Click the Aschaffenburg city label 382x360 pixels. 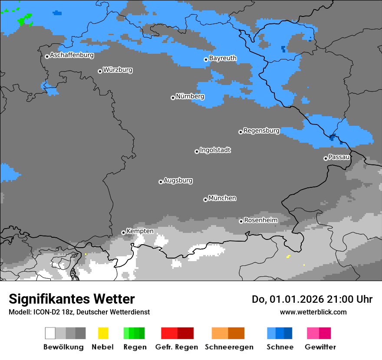72,55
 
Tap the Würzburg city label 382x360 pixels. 118,70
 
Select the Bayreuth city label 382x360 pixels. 223,58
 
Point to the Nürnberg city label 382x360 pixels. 190,96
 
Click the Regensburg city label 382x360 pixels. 261,131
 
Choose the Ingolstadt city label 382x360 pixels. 215,150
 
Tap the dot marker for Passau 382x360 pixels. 326,158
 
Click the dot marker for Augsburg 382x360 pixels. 161,182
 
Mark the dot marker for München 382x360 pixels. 205,200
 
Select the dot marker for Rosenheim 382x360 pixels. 241,221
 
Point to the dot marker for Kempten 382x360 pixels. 123,232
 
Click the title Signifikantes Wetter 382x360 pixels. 72,299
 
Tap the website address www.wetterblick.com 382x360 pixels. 313,312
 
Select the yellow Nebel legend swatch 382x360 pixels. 103,333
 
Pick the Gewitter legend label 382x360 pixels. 320,347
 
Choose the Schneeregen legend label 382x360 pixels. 228,347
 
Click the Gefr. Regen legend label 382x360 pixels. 177,347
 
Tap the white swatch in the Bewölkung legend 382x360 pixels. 50,333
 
